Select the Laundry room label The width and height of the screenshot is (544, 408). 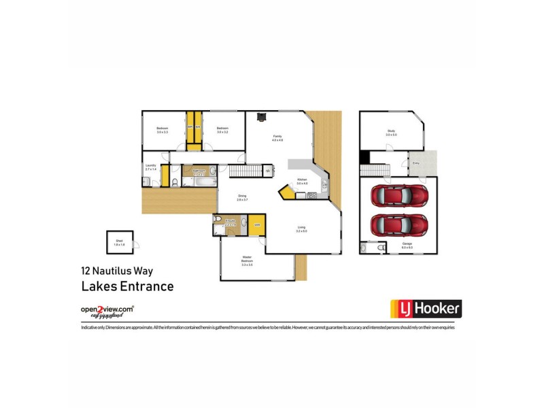(x=151, y=166)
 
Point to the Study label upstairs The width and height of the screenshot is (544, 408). (x=390, y=132)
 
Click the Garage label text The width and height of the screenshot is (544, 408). (x=407, y=245)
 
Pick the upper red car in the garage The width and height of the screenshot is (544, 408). (x=399, y=196)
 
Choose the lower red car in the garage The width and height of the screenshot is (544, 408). (x=399, y=224)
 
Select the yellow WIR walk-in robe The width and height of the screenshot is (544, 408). (x=257, y=225)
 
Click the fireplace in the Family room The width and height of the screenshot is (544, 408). (x=260, y=117)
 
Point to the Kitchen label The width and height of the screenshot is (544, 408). (x=302, y=182)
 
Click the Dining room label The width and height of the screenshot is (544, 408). (x=242, y=198)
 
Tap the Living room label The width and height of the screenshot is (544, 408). (x=302, y=229)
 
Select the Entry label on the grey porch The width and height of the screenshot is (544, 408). (x=415, y=163)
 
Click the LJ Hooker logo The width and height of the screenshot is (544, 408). (x=425, y=309)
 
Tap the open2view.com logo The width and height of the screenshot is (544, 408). (x=107, y=311)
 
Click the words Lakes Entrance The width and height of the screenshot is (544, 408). (x=127, y=286)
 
